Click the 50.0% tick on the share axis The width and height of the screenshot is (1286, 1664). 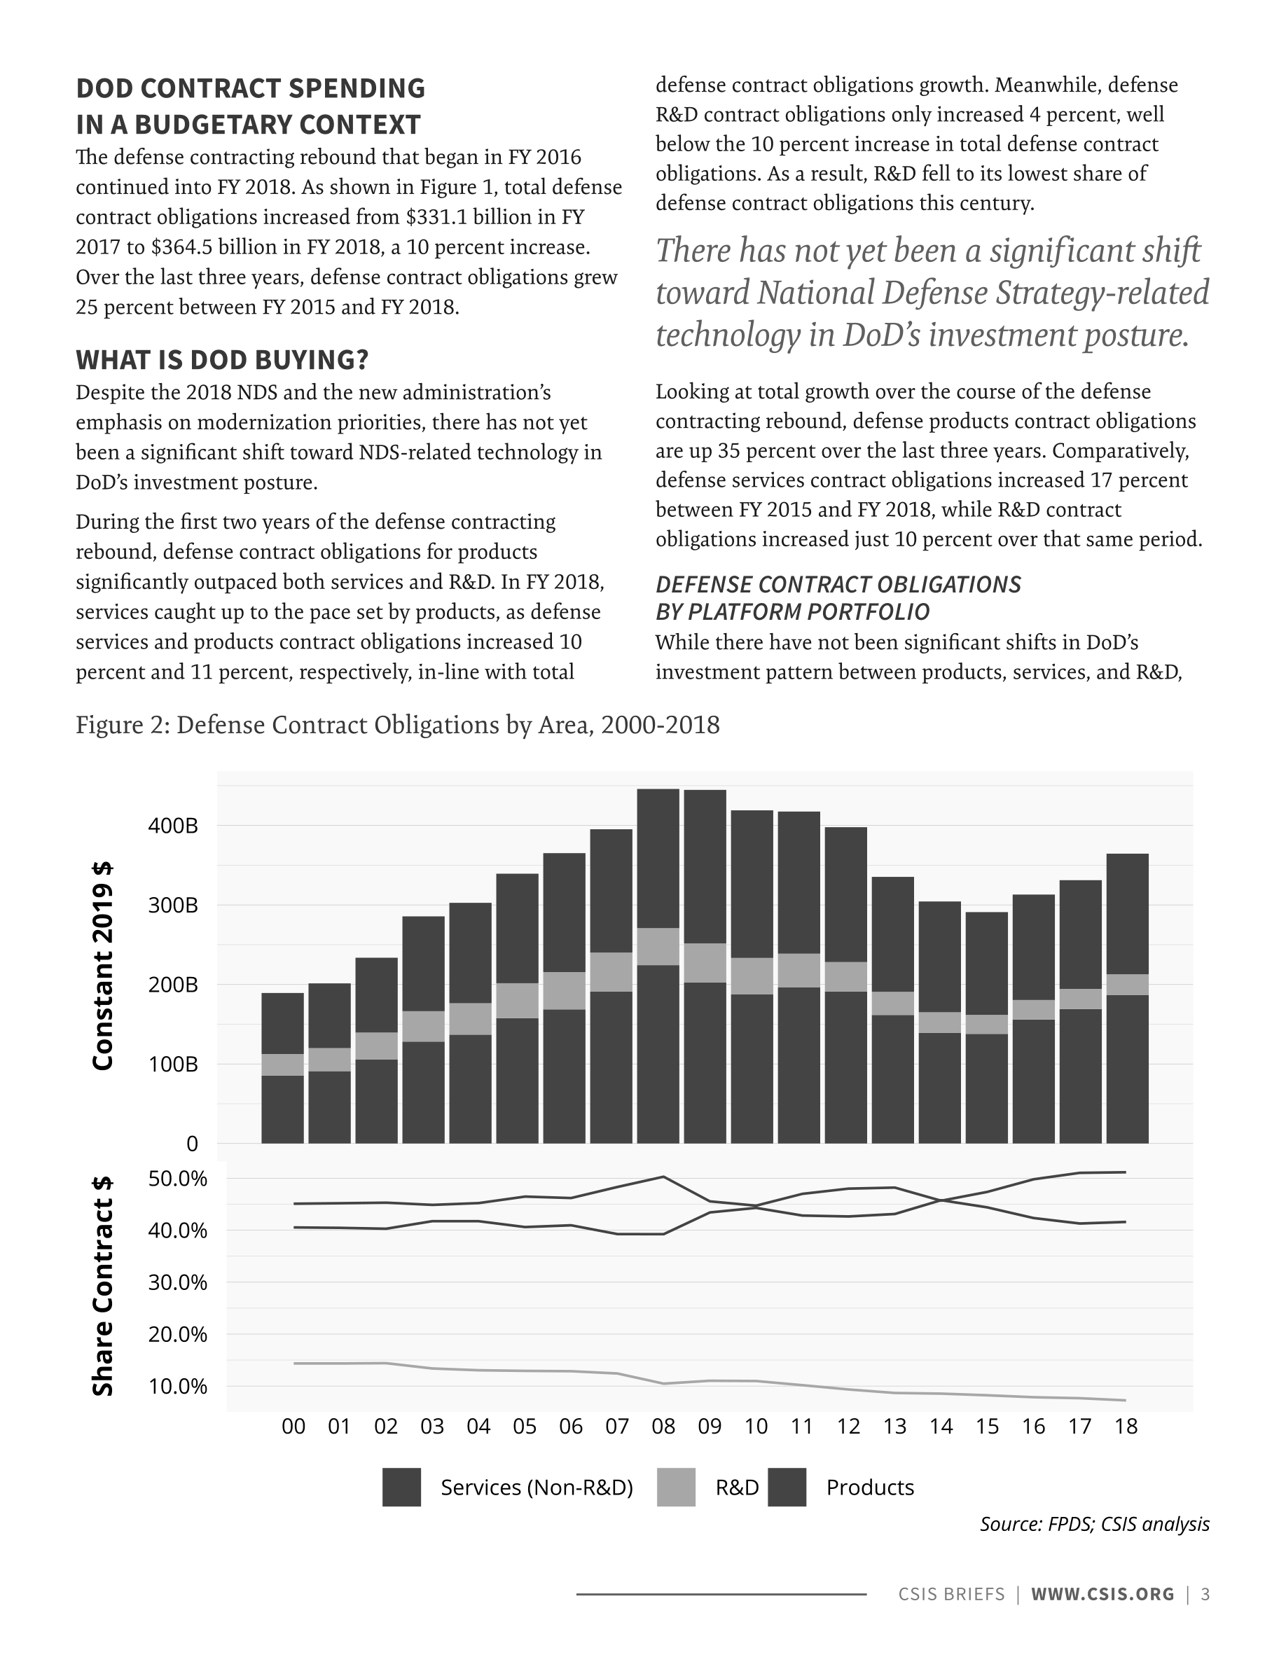tap(177, 1179)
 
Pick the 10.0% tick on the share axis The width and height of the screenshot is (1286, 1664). tap(177, 1386)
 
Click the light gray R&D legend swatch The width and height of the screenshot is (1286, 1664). tap(676, 1488)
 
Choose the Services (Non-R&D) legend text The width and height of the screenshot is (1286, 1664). tap(537, 1488)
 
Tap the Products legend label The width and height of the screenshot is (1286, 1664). tap(870, 1488)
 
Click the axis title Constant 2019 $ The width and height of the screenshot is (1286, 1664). tap(103, 965)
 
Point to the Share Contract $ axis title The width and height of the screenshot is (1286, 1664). tap(103, 1287)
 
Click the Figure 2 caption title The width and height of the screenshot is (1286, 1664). tap(398, 725)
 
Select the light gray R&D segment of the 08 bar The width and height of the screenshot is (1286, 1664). tap(658, 946)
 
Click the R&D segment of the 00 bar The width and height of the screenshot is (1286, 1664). tap(283, 1065)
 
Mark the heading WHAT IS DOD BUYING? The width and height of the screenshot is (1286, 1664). tap(223, 359)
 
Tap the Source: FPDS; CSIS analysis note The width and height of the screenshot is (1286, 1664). tap(1095, 1524)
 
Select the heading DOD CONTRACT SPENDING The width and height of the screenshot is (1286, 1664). tap(251, 88)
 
